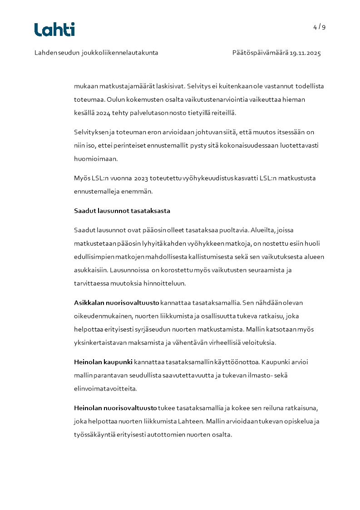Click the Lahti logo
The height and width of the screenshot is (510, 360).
pyautogui.click(x=54, y=30)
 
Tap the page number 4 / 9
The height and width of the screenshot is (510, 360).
pyautogui.click(x=319, y=27)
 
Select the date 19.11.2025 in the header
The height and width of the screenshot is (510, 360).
pyautogui.click(x=306, y=53)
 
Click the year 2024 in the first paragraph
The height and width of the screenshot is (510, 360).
pyautogui.click(x=103, y=113)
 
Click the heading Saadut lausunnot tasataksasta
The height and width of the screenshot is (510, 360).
pyautogui.click(x=122, y=211)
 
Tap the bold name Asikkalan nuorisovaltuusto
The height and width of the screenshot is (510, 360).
pyautogui.click(x=116, y=302)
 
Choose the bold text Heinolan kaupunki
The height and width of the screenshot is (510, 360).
pyautogui.click(x=103, y=362)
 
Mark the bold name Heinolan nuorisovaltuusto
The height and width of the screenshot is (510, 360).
pyautogui.click(x=115, y=408)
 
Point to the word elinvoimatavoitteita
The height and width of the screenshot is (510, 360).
pyautogui.click(x=105, y=389)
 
